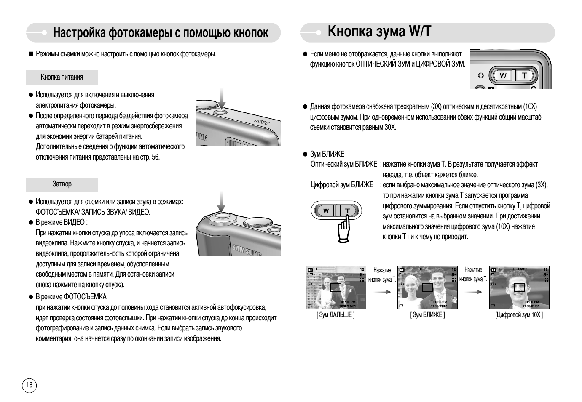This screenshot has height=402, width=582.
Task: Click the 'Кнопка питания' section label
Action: pyautogui.click(x=62, y=77)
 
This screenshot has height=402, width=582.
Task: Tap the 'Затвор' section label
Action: pyautogui.click(x=62, y=184)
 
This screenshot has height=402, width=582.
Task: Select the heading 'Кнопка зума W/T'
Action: pyautogui.click(x=379, y=32)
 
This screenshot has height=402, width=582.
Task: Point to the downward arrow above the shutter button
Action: pyautogui.click(x=221, y=202)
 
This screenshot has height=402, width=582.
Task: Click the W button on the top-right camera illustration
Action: pyautogui.click(x=503, y=76)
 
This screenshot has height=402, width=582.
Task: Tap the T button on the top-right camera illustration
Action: pyautogui.click(x=524, y=76)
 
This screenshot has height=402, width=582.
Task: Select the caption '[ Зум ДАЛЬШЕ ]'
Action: pyautogui.click(x=335, y=315)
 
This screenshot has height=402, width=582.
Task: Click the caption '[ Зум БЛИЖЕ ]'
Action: pyautogui.click(x=427, y=315)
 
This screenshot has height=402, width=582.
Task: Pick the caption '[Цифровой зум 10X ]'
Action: pyautogui.click(x=519, y=315)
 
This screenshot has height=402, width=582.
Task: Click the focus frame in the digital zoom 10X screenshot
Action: pyautogui.click(x=519, y=288)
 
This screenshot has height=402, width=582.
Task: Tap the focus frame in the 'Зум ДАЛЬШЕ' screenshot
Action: pyautogui.click(x=335, y=287)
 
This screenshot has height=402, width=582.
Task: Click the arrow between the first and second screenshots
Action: pyautogui.click(x=382, y=292)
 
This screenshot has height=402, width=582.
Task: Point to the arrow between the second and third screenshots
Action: pyautogui.click(x=473, y=292)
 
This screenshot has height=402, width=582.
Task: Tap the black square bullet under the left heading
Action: pyautogui.click(x=30, y=54)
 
